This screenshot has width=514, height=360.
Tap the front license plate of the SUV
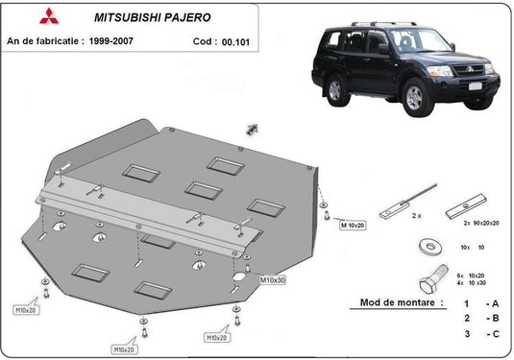(475, 87)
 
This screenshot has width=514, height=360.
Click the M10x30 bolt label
(274, 279)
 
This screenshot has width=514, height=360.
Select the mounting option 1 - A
(477, 301)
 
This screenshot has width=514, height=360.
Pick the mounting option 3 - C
(477, 335)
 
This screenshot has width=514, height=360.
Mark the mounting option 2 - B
(477, 318)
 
